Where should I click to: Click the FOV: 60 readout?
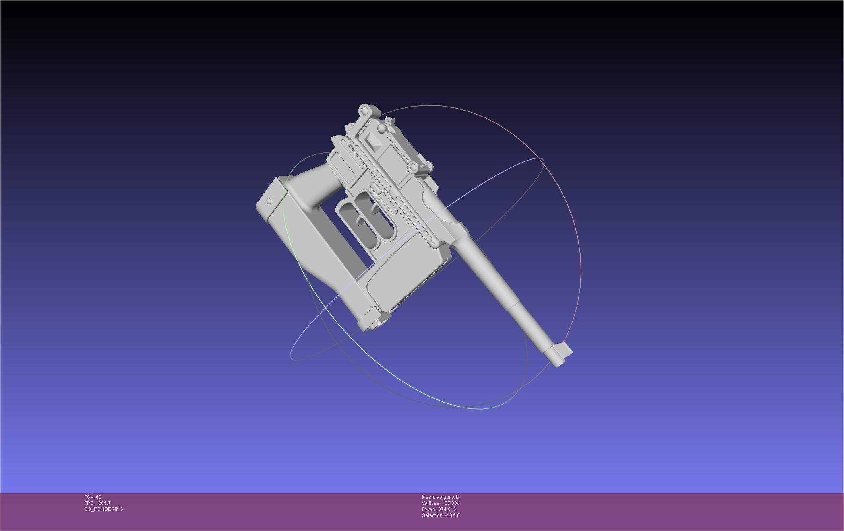tap(93, 497)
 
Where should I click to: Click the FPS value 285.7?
tap(104, 503)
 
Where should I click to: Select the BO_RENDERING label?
tap(103, 509)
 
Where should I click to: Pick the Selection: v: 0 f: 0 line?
tap(441, 515)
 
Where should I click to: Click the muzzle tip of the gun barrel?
tap(557, 362)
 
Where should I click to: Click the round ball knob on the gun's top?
tap(381, 128)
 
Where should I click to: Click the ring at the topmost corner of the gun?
tap(364, 110)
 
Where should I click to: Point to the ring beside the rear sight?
tap(413, 167)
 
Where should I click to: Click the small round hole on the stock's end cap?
tap(269, 201)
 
